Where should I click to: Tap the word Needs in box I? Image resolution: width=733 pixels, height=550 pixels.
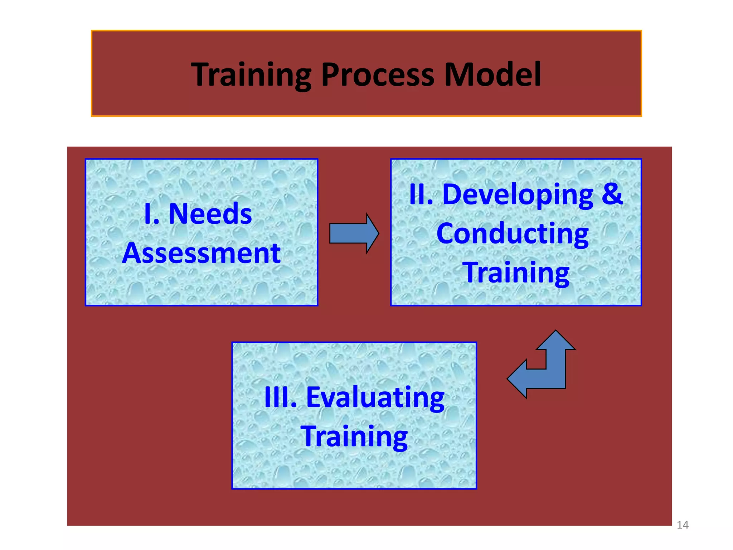pyautogui.click(x=210, y=214)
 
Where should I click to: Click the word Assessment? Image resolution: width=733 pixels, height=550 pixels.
pyautogui.click(x=201, y=253)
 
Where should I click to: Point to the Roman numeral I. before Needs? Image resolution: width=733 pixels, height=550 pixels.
pyautogui.click(x=151, y=214)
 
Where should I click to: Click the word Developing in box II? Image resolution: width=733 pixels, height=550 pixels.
pyautogui.click(x=518, y=194)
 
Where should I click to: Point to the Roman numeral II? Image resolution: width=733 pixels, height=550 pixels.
pyautogui.click(x=421, y=194)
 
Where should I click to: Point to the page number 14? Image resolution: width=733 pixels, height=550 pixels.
pyautogui.click(x=682, y=525)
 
